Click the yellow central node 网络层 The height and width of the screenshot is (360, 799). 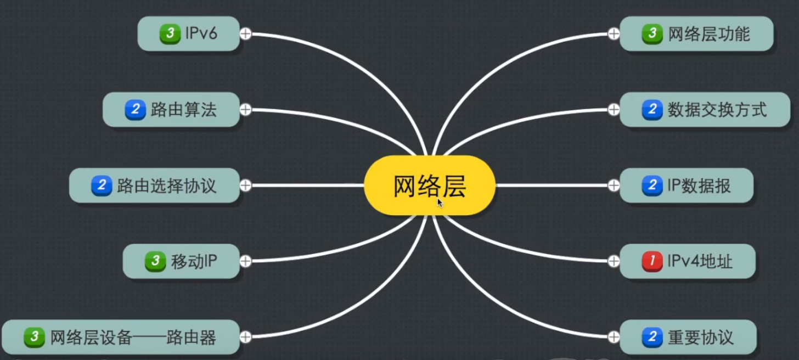429,185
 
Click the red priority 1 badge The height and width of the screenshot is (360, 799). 652,261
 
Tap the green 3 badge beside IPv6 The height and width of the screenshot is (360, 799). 170,33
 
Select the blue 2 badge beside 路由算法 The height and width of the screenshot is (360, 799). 135,110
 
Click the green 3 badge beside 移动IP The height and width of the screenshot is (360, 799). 155,261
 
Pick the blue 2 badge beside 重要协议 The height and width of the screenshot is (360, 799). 652,337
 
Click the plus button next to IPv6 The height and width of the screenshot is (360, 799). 245,33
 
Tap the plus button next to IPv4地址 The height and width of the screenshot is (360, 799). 614,261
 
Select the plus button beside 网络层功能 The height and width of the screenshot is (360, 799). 614,33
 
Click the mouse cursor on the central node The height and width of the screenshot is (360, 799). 440,203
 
